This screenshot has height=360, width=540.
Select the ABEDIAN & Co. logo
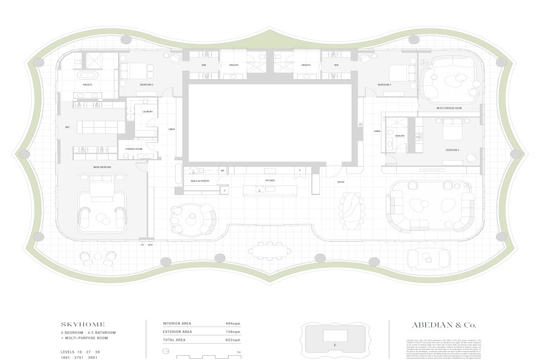(x=443, y=325)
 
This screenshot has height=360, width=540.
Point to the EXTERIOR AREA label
(x=178, y=331)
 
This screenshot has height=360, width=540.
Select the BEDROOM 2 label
(x=146, y=85)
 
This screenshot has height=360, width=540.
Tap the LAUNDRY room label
(x=147, y=112)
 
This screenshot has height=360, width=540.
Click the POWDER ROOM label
(x=133, y=148)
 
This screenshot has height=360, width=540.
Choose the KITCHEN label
(x=270, y=180)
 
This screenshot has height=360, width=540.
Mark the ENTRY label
(x=340, y=182)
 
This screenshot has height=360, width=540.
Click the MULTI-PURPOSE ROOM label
(x=448, y=108)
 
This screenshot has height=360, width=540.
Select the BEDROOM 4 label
(x=452, y=149)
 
